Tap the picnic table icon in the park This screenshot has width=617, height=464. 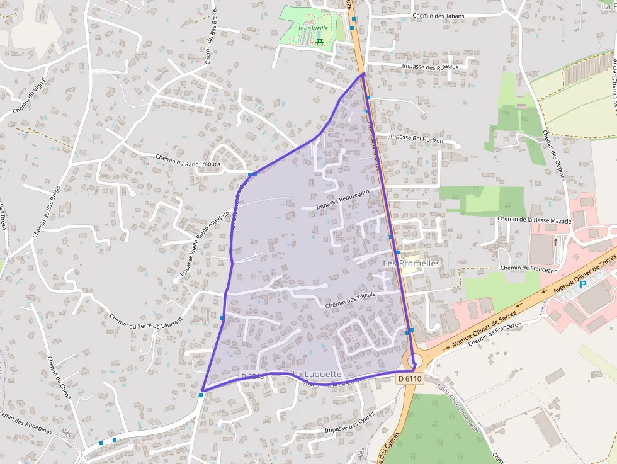pos(319,42)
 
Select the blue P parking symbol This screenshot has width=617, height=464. pos(582,285)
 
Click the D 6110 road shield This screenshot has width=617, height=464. pos(409,378)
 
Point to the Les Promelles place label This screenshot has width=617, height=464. pos(412,263)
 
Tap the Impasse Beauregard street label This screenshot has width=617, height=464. pos(342,201)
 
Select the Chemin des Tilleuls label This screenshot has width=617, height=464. pos(350,300)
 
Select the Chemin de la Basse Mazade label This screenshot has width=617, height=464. pos(534,220)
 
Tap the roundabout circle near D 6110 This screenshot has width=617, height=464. pos(414,361)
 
